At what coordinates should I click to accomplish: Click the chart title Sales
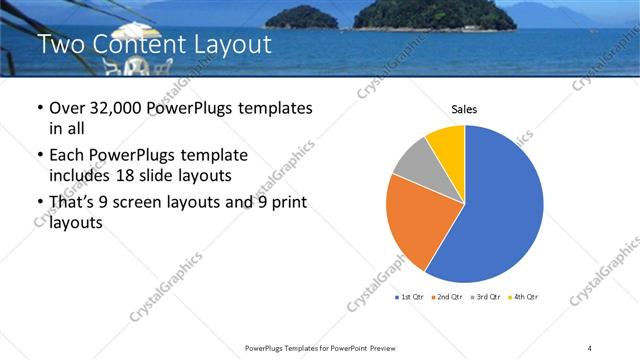463,108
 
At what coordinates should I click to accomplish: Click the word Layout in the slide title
227,45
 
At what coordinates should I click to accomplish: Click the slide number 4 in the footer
590,347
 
